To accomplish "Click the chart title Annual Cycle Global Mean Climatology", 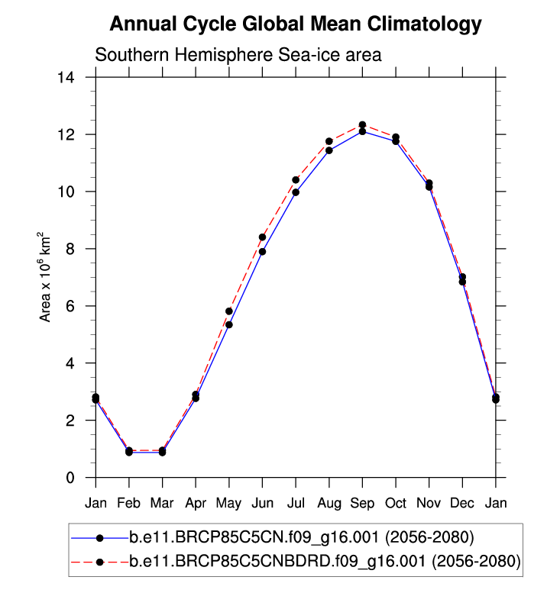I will pos(296,24).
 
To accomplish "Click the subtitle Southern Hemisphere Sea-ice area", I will pos(238,55).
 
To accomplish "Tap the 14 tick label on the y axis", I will pos(76,77).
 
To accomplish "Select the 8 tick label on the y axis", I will pos(80,249).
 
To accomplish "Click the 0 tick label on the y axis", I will pos(80,478).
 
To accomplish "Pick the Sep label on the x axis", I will pos(362,504).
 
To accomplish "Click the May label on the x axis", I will pos(229,504).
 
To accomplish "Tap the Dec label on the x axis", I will pos(462,504).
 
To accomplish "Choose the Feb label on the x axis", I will pos(129,504).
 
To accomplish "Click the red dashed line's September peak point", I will pos(362,124).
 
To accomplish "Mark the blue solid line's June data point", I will pos(262,251).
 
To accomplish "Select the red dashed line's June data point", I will pos(262,237).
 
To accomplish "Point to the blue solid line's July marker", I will pos(296,192).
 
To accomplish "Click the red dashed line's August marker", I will pos(329,141).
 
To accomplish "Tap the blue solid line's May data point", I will pos(229,324).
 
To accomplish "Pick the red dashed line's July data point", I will pos(296,180).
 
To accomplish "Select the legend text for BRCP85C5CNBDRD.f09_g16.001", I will pos(325,562).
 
